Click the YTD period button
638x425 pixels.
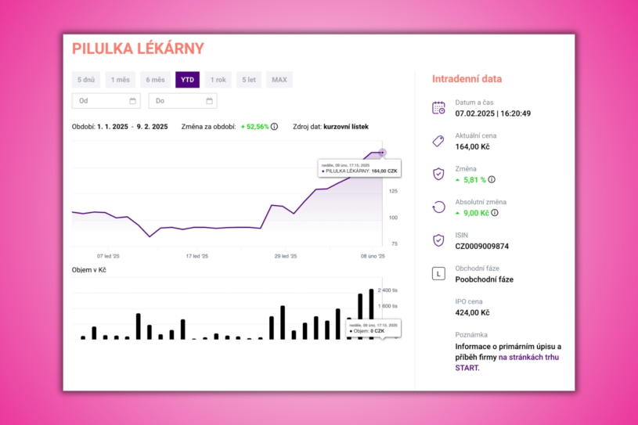pyautogui.click(x=188, y=79)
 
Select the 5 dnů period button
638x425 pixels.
pyautogui.click(x=87, y=79)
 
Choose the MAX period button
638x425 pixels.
pyautogui.click(x=279, y=79)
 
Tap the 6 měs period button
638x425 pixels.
pyautogui.click(x=155, y=79)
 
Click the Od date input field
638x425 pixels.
pyautogui.click(x=100, y=101)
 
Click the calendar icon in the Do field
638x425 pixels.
pyautogui.click(x=209, y=101)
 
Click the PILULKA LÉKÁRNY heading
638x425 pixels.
pyautogui.click(x=138, y=49)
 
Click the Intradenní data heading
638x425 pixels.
pyautogui.click(x=467, y=79)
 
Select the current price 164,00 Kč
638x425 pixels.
pyautogui.click(x=472, y=146)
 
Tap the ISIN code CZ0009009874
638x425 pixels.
pyautogui.click(x=481, y=246)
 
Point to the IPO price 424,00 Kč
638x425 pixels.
pyautogui.click(x=472, y=312)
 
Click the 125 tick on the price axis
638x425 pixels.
pyautogui.click(x=393, y=191)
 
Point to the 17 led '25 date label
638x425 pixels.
pyautogui.click(x=196, y=256)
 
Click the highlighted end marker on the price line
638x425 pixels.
pyautogui.click(x=382, y=153)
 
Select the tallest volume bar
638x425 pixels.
pyautogui.click(x=371, y=314)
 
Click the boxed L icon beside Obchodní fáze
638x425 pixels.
pyautogui.click(x=438, y=273)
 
